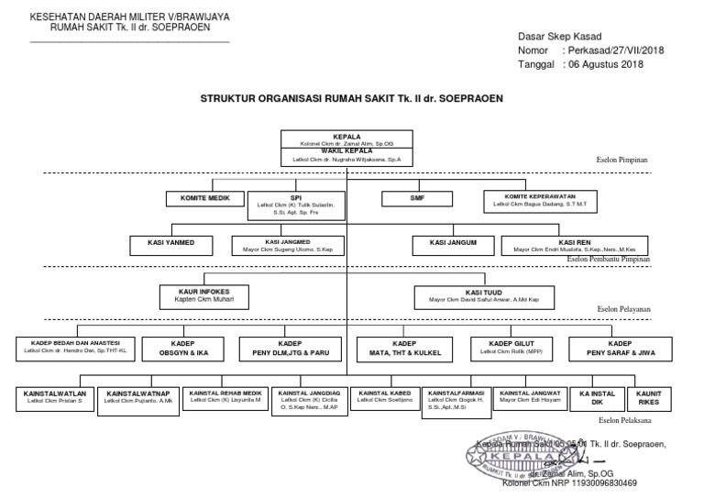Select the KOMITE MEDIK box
pyautogui.click(x=204, y=198)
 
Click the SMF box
pyautogui.click(x=417, y=198)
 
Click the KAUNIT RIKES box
pyautogui.click(x=649, y=397)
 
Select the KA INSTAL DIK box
pyautogui.click(x=597, y=397)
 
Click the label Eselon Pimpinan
pyautogui.click(x=621, y=160)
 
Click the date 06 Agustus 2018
pyautogui.click(x=606, y=64)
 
